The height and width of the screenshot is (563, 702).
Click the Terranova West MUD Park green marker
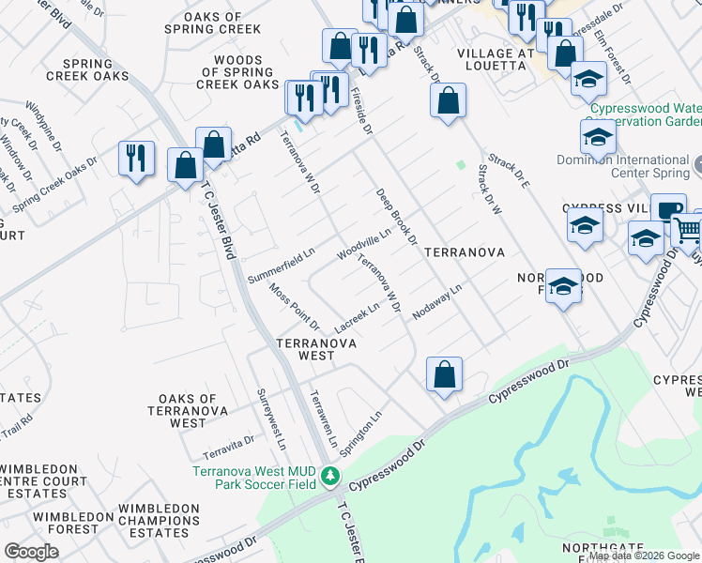tap(329, 477)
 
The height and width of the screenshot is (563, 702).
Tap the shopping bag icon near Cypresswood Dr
tap(444, 374)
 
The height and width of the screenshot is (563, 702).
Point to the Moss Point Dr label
tap(294, 307)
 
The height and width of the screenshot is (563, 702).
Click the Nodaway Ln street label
tap(437, 302)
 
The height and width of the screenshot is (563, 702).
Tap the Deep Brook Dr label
tap(396, 216)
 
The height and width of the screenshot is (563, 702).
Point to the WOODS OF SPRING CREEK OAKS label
tap(237, 72)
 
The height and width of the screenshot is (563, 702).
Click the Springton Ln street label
tap(360, 433)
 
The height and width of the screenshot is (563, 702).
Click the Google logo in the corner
tap(31, 551)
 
